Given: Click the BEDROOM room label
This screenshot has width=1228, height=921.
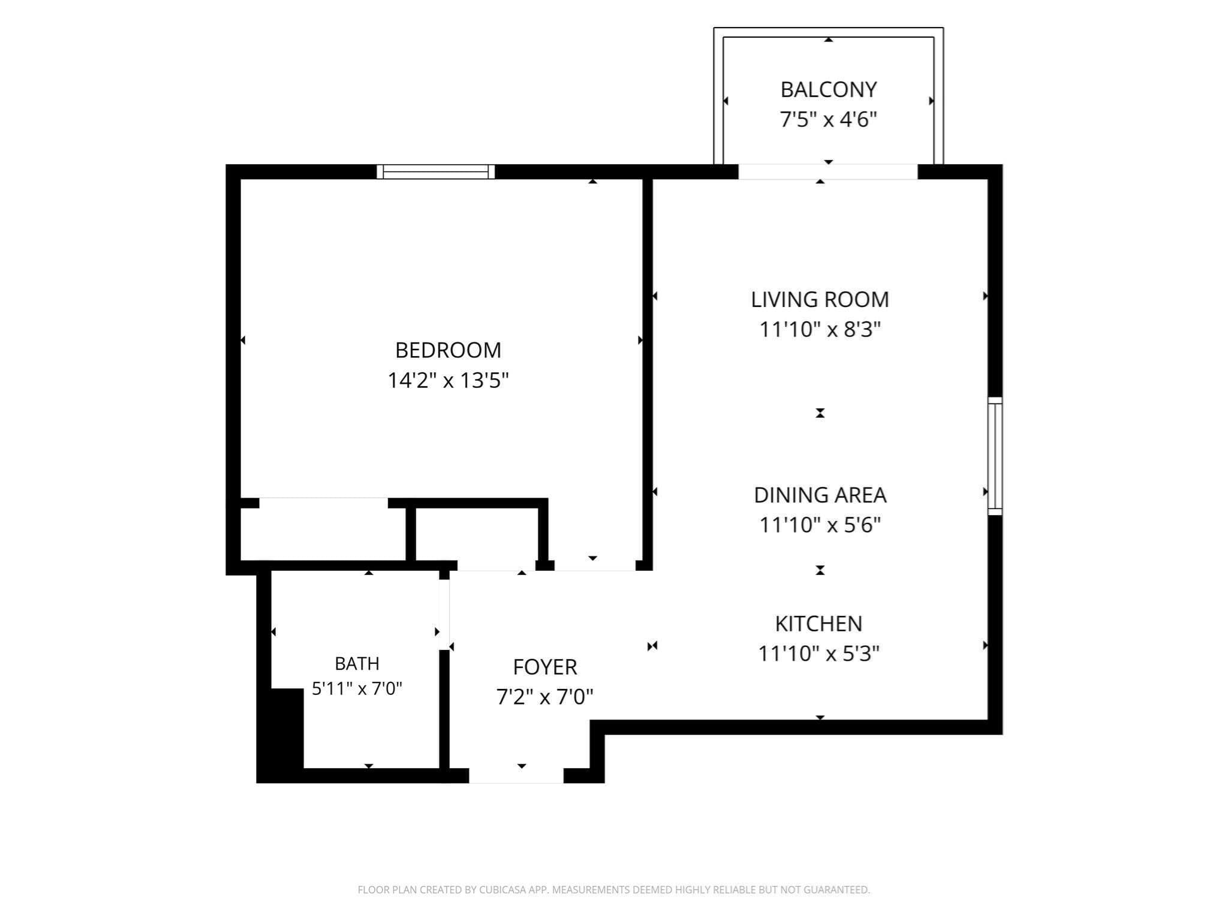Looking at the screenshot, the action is click(x=448, y=350).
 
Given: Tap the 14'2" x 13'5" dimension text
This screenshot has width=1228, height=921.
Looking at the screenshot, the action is click(x=448, y=380).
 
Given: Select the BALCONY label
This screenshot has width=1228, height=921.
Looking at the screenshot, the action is click(x=828, y=89).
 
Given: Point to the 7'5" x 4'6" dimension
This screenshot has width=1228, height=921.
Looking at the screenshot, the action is click(x=828, y=119).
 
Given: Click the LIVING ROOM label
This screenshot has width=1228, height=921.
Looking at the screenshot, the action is click(x=820, y=299).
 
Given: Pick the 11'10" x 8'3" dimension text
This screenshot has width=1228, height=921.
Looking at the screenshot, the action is click(x=820, y=329).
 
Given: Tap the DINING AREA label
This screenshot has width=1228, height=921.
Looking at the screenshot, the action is click(x=820, y=495).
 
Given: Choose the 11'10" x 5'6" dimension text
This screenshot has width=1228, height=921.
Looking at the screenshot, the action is click(x=820, y=525).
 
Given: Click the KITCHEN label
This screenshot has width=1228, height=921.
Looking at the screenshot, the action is click(x=818, y=624).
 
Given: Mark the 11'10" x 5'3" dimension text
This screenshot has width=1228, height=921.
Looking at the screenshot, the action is click(x=818, y=653).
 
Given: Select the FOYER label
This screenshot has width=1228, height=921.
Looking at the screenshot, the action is click(x=544, y=667).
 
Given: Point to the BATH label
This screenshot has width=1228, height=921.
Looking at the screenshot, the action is click(x=357, y=663).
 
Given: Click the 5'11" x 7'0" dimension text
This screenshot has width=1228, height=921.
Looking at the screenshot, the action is click(x=357, y=688).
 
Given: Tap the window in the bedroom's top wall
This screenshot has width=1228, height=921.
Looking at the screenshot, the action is click(x=436, y=172).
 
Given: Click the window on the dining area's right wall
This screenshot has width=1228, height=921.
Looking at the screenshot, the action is click(x=995, y=456).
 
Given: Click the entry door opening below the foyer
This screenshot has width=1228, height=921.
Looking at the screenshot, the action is click(x=516, y=775).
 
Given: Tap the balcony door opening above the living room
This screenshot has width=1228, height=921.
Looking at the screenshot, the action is click(x=827, y=171).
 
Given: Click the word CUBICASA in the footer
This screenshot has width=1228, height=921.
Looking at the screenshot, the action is click(x=502, y=890).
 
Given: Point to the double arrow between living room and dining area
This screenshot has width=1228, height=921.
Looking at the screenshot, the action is click(x=820, y=413).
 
